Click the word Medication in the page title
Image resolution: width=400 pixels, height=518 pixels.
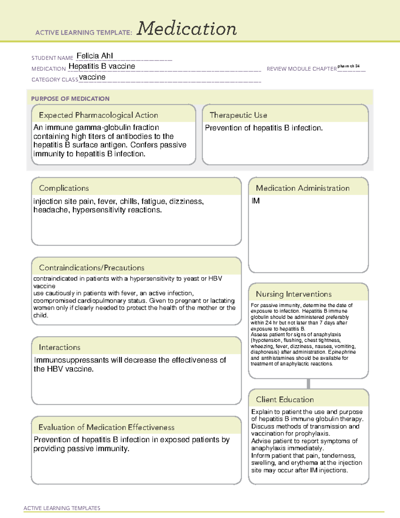187,29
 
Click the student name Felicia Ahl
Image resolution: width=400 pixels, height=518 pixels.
95,56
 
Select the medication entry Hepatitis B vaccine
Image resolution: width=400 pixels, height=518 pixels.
102,66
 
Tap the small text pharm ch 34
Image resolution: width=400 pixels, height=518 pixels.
348,66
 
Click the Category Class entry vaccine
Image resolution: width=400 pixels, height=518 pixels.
92,77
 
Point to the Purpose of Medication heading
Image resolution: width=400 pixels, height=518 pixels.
70,99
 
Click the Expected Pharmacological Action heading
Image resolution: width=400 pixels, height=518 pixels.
98,115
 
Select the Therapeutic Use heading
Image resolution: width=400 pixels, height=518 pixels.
238,115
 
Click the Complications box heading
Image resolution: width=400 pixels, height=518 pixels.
64,188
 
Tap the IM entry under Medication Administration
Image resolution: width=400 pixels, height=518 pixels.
256,201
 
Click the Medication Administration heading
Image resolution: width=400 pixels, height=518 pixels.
302,188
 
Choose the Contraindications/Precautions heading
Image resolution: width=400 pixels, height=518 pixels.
91,268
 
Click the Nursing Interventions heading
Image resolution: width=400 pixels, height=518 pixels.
293,294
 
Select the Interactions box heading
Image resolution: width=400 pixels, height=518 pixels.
59,347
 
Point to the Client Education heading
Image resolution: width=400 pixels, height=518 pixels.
285,400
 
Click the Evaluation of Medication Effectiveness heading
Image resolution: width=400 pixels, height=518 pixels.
106,427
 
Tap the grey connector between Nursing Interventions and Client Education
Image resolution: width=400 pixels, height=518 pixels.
308,384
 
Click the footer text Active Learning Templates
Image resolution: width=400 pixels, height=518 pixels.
62,508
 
